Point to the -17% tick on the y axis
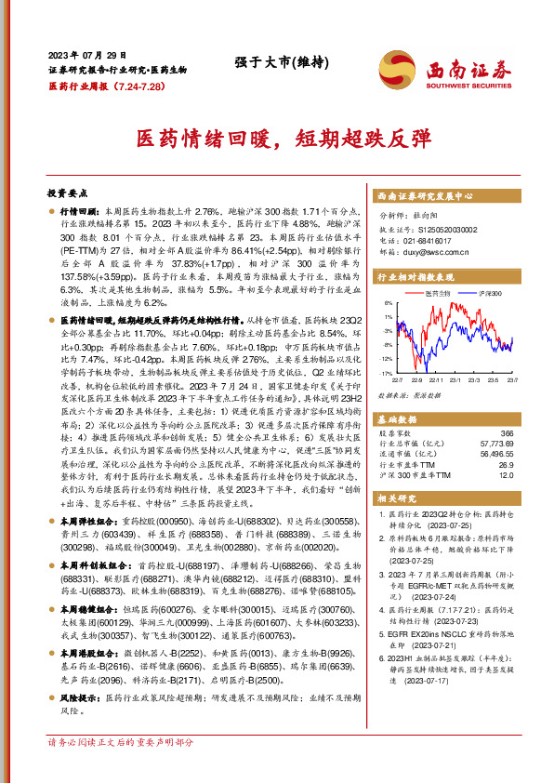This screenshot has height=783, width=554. click(x=385, y=372)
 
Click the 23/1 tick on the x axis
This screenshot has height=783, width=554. click(x=448, y=380)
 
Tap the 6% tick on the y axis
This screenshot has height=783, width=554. click(x=387, y=303)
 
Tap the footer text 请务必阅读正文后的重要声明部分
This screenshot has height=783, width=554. click(x=121, y=768)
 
